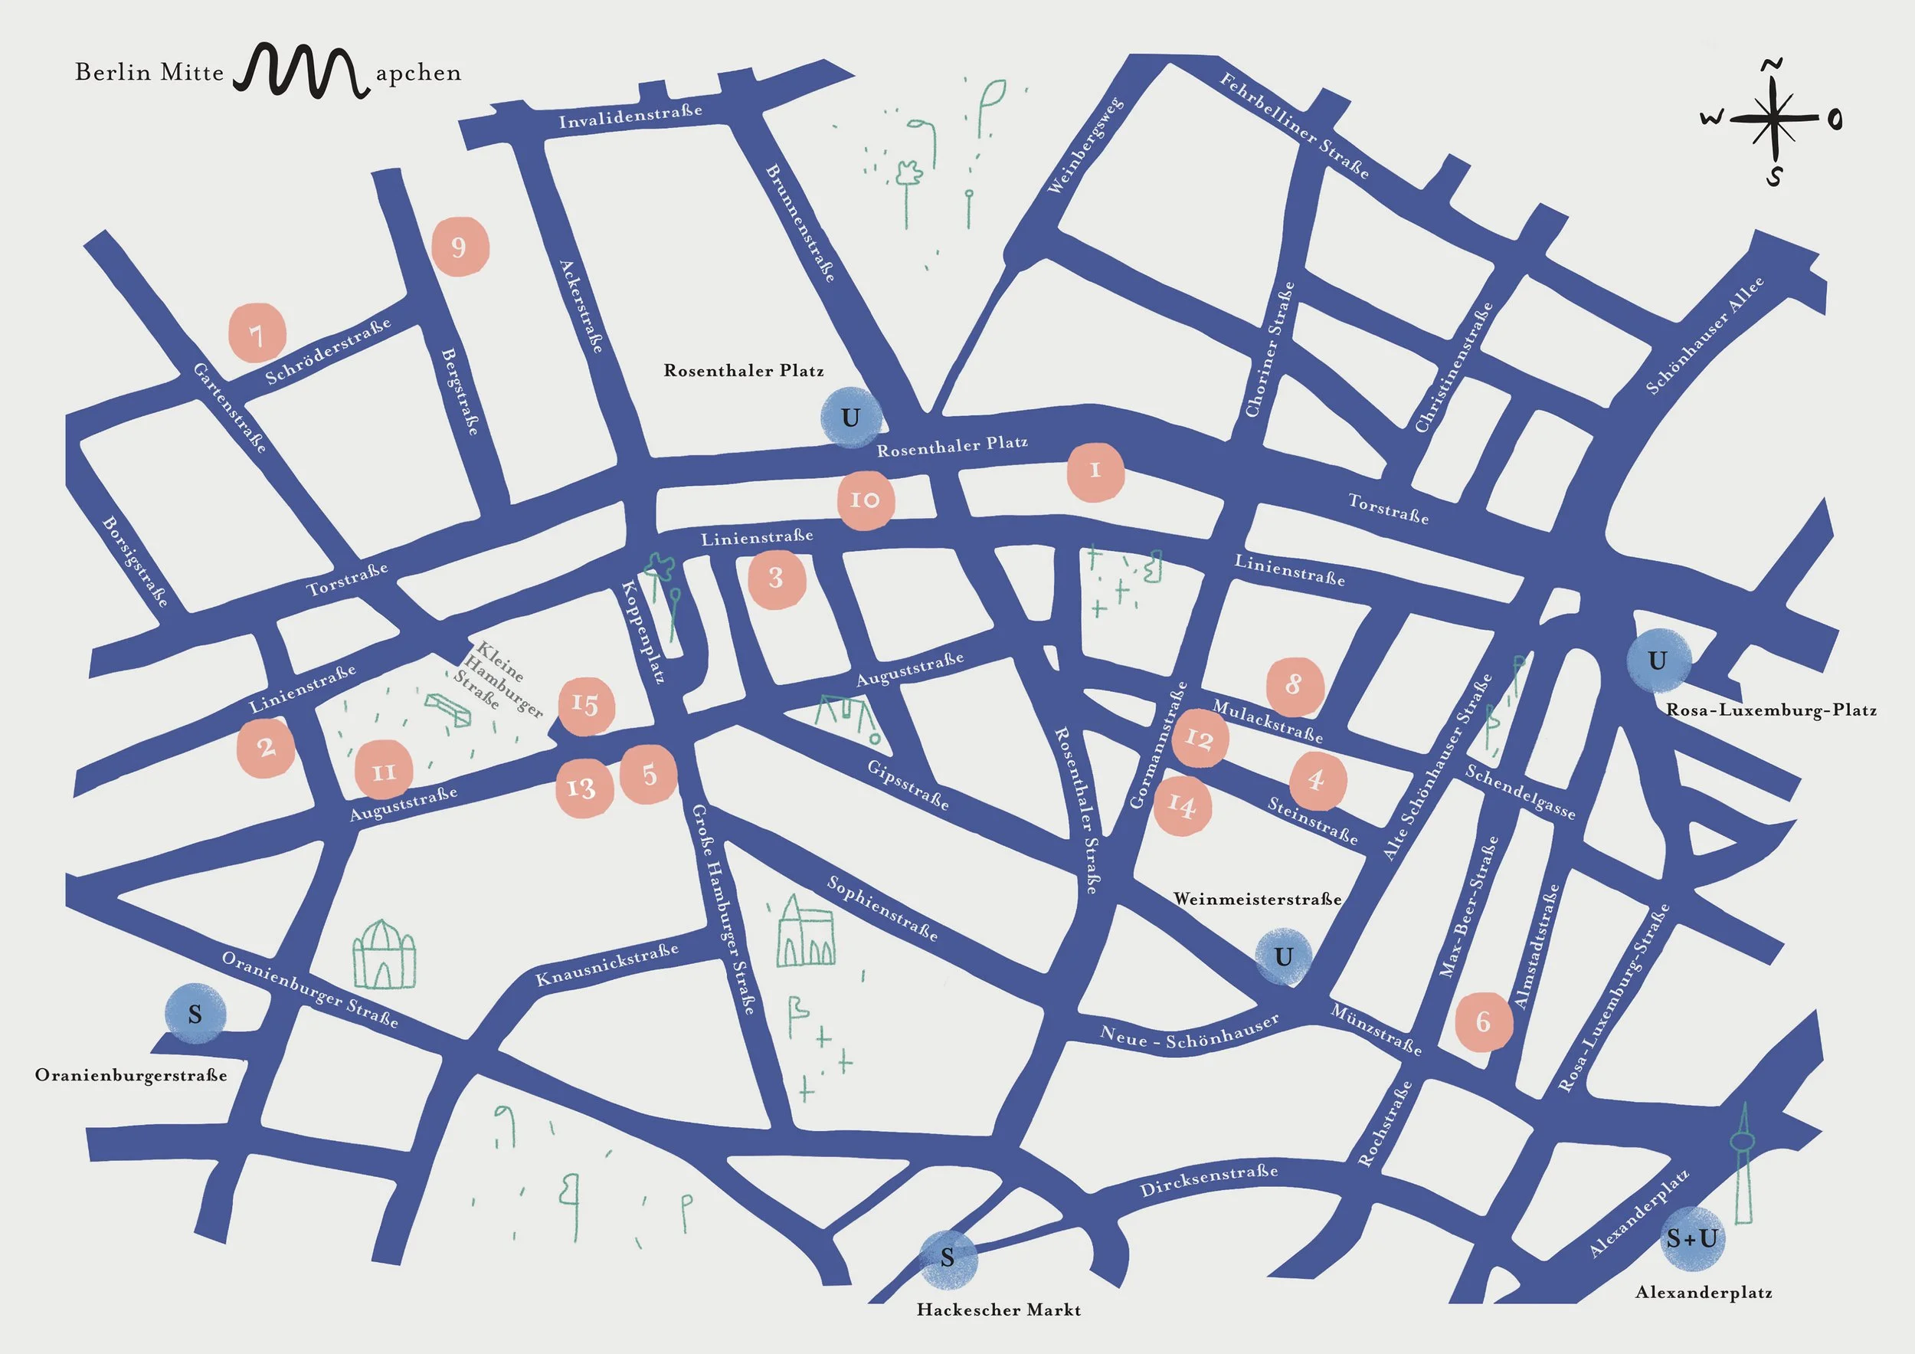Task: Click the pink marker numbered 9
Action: tap(460, 247)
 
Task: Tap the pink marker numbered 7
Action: tap(257, 333)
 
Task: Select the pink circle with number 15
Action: tap(586, 706)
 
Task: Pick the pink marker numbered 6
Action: tap(1484, 1021)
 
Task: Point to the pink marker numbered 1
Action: tap(1096, 471)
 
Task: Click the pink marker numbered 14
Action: tap(1183, 805)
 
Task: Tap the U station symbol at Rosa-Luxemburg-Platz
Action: tap(1658, 661)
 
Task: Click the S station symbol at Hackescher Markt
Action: tap(948, 1257)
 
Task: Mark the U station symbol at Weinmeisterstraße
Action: tap(1284, 957)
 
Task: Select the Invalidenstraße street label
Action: tap(630, 116)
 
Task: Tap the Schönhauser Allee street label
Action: tap(1705, 336)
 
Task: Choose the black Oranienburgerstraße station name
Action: tap(131, 1075)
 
